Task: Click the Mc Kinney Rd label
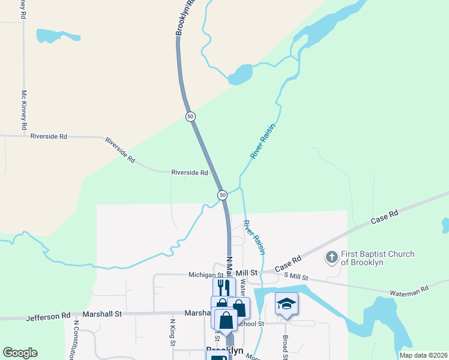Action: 25,110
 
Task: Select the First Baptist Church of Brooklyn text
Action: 378,258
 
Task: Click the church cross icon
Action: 331,258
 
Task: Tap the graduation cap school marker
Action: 286,304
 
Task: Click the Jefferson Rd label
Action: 48,316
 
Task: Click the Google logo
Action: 20,353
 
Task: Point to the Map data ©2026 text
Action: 423,355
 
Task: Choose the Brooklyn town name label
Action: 224,350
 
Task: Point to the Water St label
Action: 243,289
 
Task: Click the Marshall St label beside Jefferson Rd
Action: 102,314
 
